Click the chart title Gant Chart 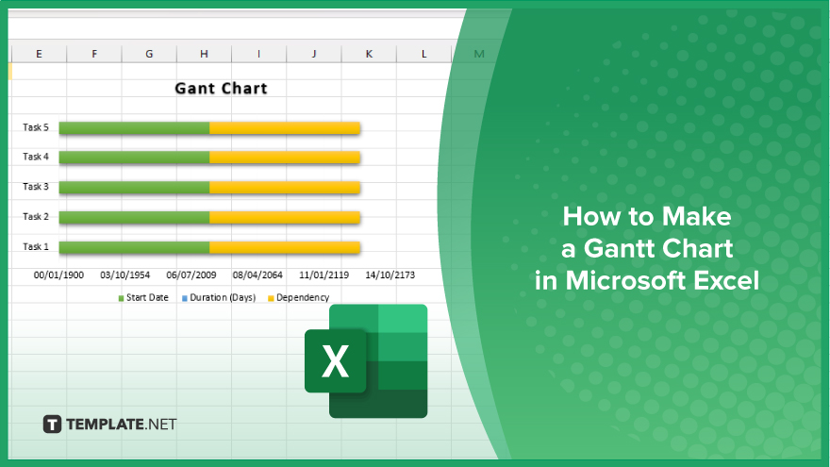222,89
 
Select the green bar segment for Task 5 135,128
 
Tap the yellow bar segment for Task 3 285,188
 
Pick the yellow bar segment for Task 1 285,247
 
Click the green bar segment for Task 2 135,217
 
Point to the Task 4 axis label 36,157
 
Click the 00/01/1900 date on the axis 58,275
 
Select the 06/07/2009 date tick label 191,275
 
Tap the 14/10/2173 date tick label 390,275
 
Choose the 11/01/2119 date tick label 324,275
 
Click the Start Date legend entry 143,297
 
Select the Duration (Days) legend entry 219,297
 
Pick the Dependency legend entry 299,297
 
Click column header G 149,54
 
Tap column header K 369,54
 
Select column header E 40,54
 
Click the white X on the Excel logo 335,361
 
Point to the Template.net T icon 52,425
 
